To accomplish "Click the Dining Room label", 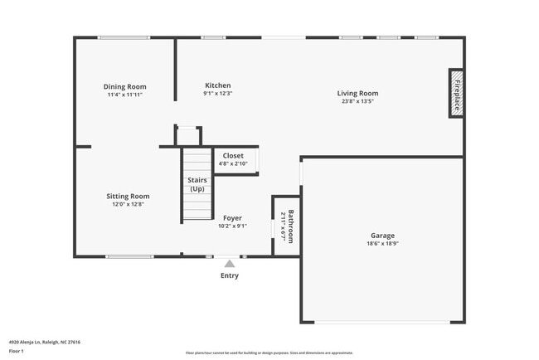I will click(x=125, y=86).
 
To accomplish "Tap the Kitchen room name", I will click(x=217, y=85).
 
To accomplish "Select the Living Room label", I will click(x=357, y=93).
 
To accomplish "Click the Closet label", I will click(x=233, y=155).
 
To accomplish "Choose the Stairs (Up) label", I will click(x=197, y=184).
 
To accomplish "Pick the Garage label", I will click(x=382, y=236).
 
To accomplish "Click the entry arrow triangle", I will click(x=230, y=263).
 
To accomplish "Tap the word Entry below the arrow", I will click(x=230, y=275).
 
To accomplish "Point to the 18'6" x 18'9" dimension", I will click(x=382, y=244).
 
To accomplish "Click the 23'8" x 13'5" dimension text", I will click(x=357, y=101).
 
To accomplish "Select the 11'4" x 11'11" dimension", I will click(x=125, y=95).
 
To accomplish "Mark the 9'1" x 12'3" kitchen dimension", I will click(x=217, y=94).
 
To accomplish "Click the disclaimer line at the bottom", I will click(x=269, y=353).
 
